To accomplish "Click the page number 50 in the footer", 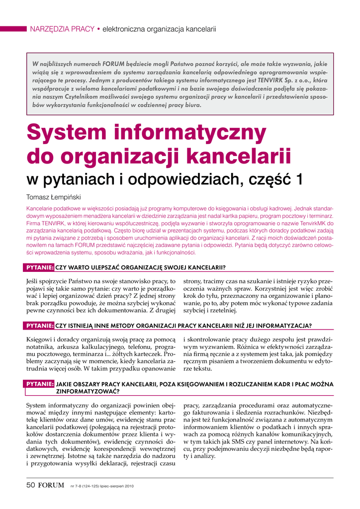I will pos(31,485).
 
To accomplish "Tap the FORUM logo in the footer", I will pos(51,485).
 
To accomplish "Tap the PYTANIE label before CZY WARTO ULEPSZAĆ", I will pos(40,268).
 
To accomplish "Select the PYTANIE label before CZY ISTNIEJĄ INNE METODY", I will pos(40,326).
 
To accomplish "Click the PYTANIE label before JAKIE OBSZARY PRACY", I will pos(40,384).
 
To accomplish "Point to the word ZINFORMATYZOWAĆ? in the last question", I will pos(90,391).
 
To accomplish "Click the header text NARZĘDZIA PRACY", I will pos(62,29).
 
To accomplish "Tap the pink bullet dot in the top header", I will pos(98,29).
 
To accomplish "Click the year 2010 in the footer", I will pos(129,486).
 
